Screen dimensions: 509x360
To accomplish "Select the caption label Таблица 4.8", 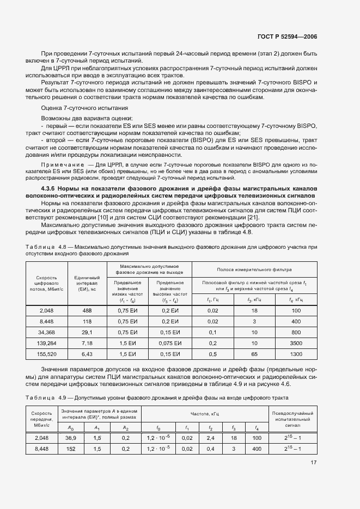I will [45, 247].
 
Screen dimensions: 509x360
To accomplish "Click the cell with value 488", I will [87, 310].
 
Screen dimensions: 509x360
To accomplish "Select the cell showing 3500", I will [296, 344].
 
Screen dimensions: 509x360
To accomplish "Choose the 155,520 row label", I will [46, 354].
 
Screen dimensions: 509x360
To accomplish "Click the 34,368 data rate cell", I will [46, 333].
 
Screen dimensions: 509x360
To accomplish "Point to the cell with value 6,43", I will [87, 354].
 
